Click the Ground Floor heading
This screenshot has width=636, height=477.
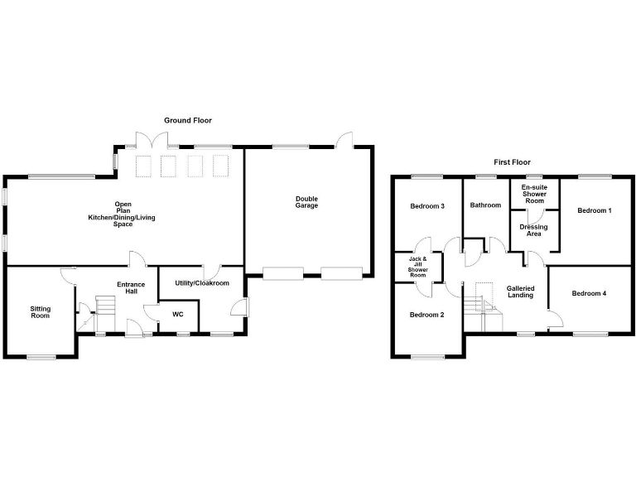pyautogui.click(x=188, y=120)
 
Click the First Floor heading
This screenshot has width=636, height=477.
pyautogui.click(x=512, y=162)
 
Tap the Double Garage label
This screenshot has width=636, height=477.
pyautogui.click(x=306, y=202)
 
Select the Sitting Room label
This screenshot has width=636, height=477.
pyautogui.click(x=40, y=312)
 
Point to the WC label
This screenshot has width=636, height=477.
pyautogui.click(x=178, y=315)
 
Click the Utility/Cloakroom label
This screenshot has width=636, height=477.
pyautogui.click(x=202, y=283)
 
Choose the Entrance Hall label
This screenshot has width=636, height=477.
pyautogui.click(x=131, y=288)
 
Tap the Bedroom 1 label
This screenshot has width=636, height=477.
pyautogui.click(x=595, y=210)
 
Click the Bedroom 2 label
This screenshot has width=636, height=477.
pyautogui.click(x=426, y=315)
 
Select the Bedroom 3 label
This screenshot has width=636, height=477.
pyautogui.click(x=427, y=206)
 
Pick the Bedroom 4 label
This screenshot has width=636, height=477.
pyautogui.click(x=589, y=293)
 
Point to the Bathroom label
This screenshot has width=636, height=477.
pyautogui.click(x=485, y=205)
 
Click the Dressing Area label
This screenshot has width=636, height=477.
pyautogui.click(x=534, y=230)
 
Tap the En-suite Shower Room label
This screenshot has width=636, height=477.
pyautogui.click(x=534, y=194)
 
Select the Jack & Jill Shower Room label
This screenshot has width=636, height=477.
pyautogui.click(x=417, y=267)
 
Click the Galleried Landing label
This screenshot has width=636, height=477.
pyautogui.click(x=520, y=291)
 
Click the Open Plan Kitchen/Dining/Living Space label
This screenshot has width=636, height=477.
pyautogui.click(x=122, y=214)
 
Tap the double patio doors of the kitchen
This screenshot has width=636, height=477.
pyautogui.click(x=152, y=140)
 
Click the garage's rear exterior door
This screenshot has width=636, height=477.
pyautogui.click(x=344, y=139)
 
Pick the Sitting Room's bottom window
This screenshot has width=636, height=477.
pyautogui.click(x=41, y=357)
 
